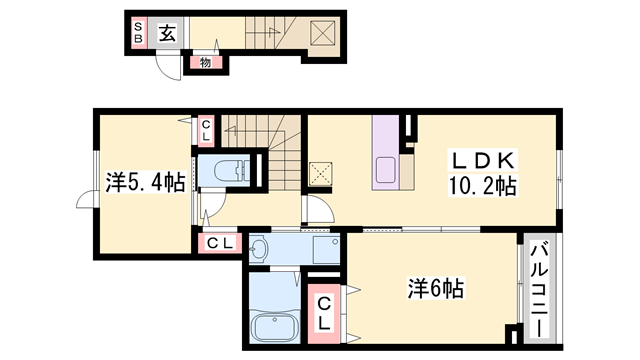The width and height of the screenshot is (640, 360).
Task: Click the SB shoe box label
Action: click(x=139, y=32)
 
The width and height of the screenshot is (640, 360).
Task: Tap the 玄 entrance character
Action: click(x=166, y=31)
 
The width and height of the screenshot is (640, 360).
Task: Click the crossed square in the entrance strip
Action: click(x=322, y=31)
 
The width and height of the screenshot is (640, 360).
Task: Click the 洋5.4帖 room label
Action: click(x=146, y=182)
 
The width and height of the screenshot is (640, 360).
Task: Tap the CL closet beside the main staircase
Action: click(x=206, y=128)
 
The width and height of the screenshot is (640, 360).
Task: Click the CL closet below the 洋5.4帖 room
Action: click(x=220, y=242)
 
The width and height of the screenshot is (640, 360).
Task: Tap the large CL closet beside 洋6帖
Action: click(x=326, y=313)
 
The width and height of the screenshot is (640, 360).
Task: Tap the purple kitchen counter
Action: click(x=386, y=153)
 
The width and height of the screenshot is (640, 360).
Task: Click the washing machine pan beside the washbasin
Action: click(x=324, y=249)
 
